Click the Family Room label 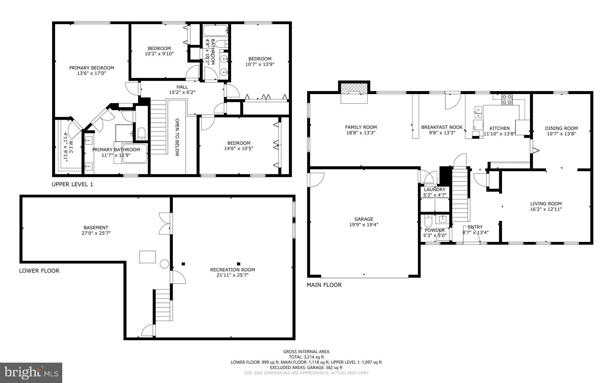pyautogui.click(x=361, y=127)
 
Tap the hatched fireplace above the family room pyautogui.click(x=354, y=88)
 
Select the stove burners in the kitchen pyautogui.click(x=507, y=99)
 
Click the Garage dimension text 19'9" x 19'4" pyautogui.click(x=364, y=225)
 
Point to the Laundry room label pyautogui.click(x=435, y=190)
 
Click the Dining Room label pyautogui.click(x=561, y=128)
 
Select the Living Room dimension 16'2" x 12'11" pyautogui.click(x=546, y=209)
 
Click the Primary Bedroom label pyautogui.click(x=92, y=68)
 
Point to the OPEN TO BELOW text pyautogui.click(x=177, y=137)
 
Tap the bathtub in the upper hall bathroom pyautogui.click(x=216, y=30)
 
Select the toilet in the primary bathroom pyautogui.click(x=141, y=134)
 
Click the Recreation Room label pyautogui.click(x=233, y=270)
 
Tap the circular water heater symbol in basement pyautogui.click(x=164, y=264)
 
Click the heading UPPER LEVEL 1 pyautogui.click(x=72, y=184)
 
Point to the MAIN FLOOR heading pyautogui.click(x=324, y=285)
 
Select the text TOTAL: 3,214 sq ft pyautogui.click(x=306, y=357)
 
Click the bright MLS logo pyautogui.click(x=31, y=373)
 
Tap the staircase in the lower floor pyautogui.click(x=163, y=305)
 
